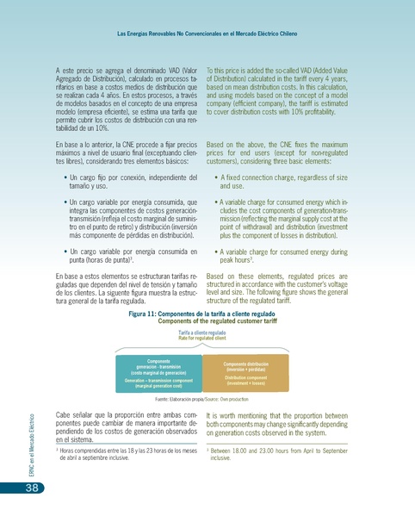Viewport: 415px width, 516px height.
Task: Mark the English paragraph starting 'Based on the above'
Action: pyautogui.click(x=277, y=152)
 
